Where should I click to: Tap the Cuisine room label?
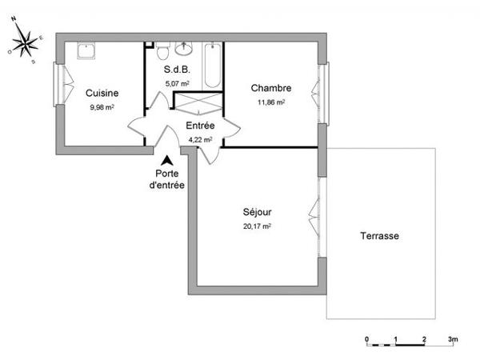coord(102,93)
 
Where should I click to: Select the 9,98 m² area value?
coord(102,106)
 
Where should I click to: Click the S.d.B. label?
coord(176,70)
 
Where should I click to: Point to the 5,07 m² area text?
coord(176,83)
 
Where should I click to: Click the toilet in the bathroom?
coord(162,52)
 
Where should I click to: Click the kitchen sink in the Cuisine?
coord(86,50)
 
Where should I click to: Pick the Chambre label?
coord(270,88)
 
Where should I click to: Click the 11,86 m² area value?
coord(270,102)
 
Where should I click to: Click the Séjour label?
coord(258,212)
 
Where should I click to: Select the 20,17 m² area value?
coord(258,226)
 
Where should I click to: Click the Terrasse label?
coord(379,236)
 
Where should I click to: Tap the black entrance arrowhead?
coord(166,162)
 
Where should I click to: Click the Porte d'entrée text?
coord(167,179)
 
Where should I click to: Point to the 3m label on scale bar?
coord(452,339)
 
